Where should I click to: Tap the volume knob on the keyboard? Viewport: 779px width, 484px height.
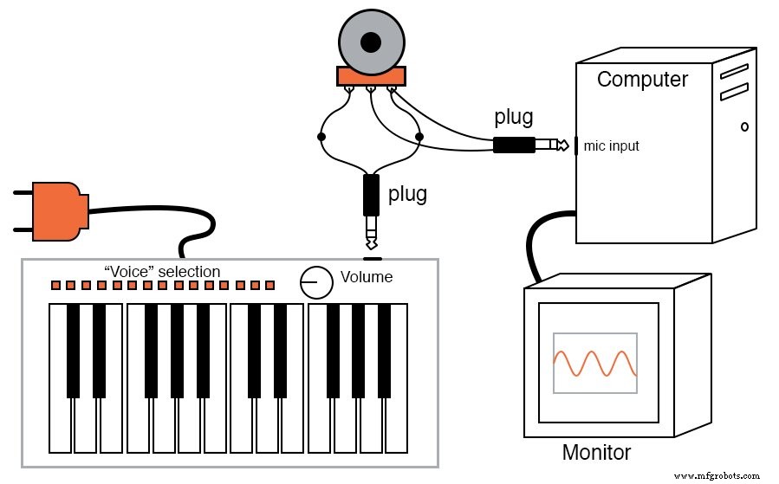[x=316, y=281]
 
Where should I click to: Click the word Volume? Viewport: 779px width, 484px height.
[x=366, y=277]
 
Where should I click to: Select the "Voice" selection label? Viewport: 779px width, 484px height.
[x=162, y=272]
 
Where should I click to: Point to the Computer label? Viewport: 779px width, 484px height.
[x=642, y=80]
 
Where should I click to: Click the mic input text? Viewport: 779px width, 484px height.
[x=611, y=145]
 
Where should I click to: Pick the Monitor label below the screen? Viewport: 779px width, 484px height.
[x=596, y=452]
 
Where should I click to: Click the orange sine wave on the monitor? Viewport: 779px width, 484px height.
[x=594, y=363]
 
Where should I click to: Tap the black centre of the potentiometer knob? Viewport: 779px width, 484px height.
[x=371, y=42]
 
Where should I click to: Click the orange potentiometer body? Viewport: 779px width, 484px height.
[x=371, y=77]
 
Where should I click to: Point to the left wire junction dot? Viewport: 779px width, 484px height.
[x=321, y=137]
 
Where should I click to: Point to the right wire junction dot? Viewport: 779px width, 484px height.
[x=419, y=137]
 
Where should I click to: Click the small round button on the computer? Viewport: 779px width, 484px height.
[x=744, y=126]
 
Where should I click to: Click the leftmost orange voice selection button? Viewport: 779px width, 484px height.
[x=55, y=285]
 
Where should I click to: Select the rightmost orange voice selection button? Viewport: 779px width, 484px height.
[x=269, y=285]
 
